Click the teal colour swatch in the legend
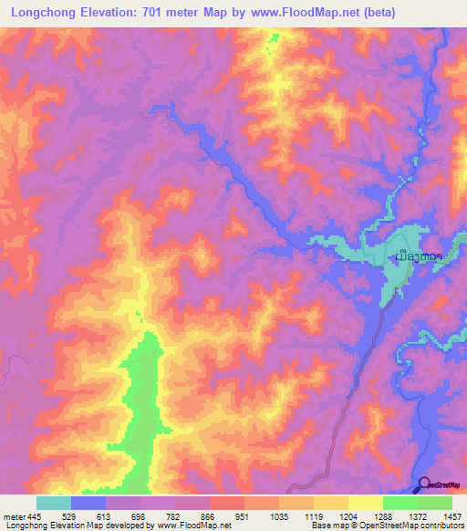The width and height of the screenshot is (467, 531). (x=53, y=503)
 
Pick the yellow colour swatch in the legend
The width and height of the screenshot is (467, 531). (x=365, y=503)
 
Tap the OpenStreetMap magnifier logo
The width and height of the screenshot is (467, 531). (x=424, y=486)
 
